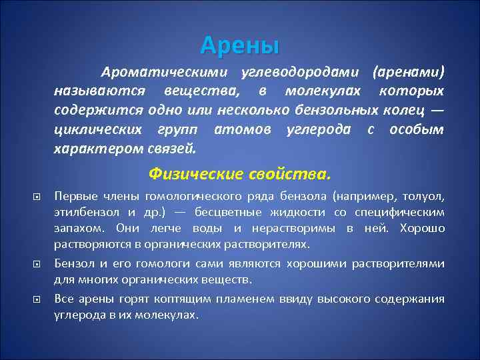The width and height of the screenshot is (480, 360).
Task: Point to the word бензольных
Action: pos(337,109)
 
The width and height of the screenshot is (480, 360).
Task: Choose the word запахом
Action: pos(75,229)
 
